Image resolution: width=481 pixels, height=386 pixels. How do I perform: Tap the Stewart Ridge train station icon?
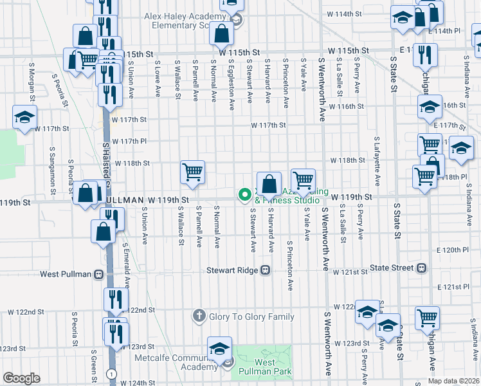264,271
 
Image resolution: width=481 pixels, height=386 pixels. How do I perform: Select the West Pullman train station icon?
99,274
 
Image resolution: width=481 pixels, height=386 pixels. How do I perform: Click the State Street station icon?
422,268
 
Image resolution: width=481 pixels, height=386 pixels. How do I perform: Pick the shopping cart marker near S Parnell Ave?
192,172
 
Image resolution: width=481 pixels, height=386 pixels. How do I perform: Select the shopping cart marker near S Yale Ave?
303,179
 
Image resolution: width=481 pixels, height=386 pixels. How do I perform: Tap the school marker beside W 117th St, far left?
24,117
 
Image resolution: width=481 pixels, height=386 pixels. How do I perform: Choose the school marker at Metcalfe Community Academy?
219,348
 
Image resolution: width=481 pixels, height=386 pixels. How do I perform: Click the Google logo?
21,378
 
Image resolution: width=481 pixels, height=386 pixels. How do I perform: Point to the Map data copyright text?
454,381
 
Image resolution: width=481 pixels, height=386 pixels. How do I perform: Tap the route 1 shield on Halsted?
113,373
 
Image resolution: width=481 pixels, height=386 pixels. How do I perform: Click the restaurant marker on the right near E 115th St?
425,55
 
